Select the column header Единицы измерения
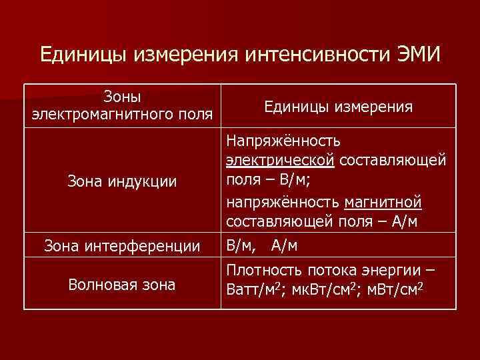[338, 107]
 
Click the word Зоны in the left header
[122, 97]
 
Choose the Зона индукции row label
[122, 181]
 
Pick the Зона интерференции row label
[122, 247]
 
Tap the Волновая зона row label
[122, 285]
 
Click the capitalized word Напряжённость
[283, 141]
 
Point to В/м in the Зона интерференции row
[241, 247]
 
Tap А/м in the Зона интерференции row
[285, 247]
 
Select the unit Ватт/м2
[255, 291]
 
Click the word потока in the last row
[325, 271]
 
